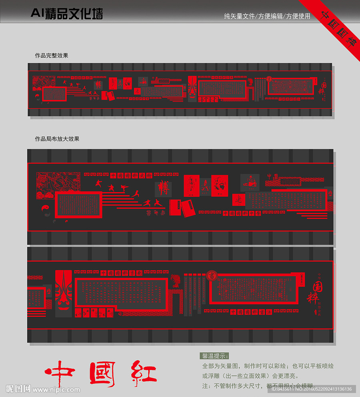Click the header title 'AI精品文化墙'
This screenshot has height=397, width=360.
pos(67,14)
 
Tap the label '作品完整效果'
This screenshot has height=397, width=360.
pos(52,56)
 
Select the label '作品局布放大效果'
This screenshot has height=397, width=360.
pos(57,139)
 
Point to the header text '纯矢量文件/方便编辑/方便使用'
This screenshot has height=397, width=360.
pos(267,16)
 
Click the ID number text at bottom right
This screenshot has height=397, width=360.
pos(312,389)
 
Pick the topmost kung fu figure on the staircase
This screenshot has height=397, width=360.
pos(98,184)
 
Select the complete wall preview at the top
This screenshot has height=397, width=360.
pos(180,90)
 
